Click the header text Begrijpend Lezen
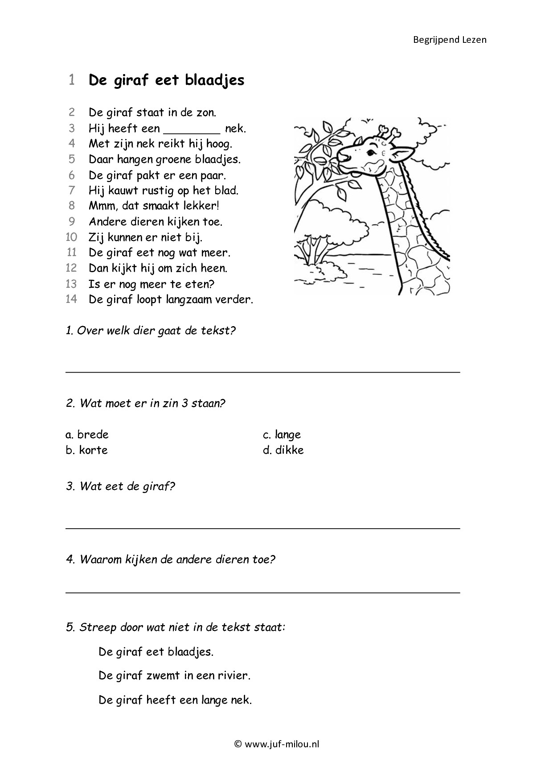click(x=449, y=40)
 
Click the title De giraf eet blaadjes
click(x=166, y=80)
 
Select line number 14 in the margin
click(x=71, y=299)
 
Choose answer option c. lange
click(x=282, y=435)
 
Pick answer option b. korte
click(x=87, y=450)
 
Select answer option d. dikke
click(x=283, y=450)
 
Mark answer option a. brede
click(x=87, y=435)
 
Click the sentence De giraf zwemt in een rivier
click(x=174, y=676)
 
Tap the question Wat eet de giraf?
click(x=120, y=486)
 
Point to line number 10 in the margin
click(x=71, y=237)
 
